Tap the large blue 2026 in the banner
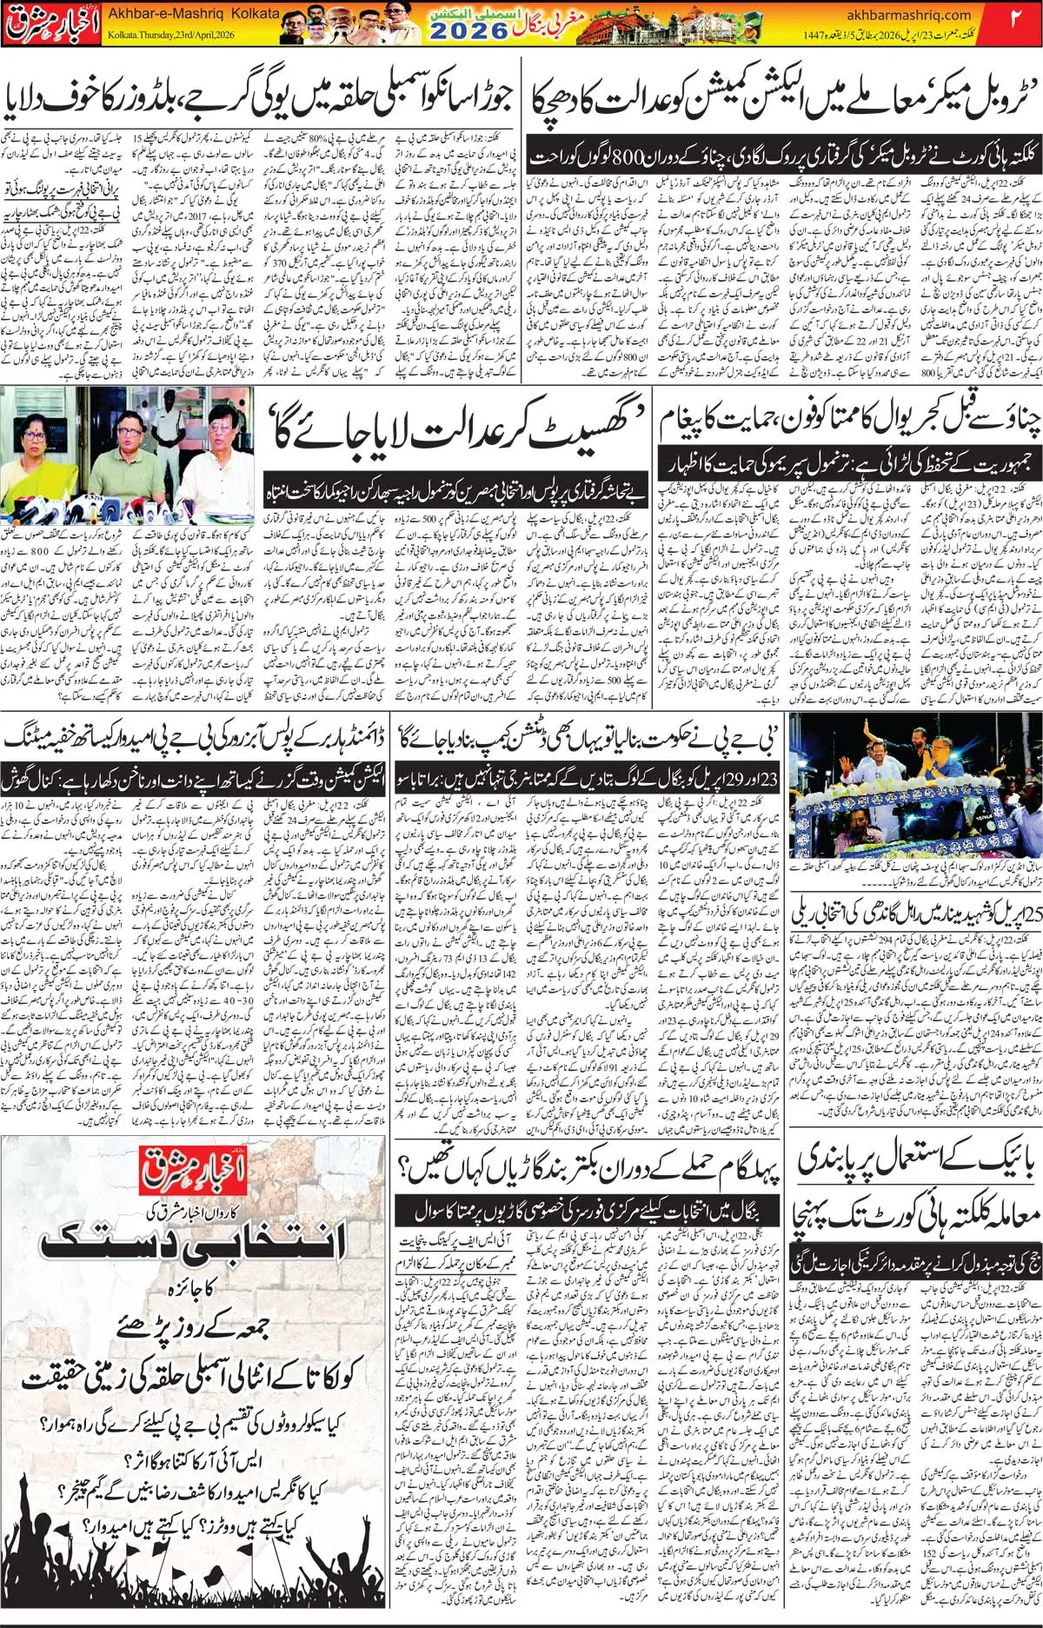pyautogui.click(x=468, y=31)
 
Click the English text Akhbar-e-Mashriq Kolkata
pyautogui.click(x=193, y=14)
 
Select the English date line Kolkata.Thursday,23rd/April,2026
pyautogui.click(x=171, y=35)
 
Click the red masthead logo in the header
pyautogui.click(x=50, y=24)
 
